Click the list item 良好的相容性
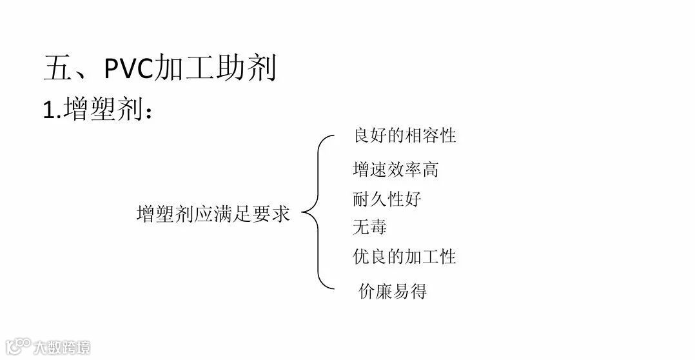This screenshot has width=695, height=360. pos(404,135)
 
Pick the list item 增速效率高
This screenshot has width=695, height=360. pos(396,170)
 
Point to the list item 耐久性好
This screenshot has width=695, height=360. pos(387,199)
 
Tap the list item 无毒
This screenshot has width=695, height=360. pos(369,227)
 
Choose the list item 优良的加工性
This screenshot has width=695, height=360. pos(404,257)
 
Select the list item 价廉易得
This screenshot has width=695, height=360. pos(392,291)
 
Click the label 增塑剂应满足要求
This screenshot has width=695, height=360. pos(213,214)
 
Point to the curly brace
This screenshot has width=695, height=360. pos(318,213)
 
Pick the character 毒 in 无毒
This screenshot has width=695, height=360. pos(378,227)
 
